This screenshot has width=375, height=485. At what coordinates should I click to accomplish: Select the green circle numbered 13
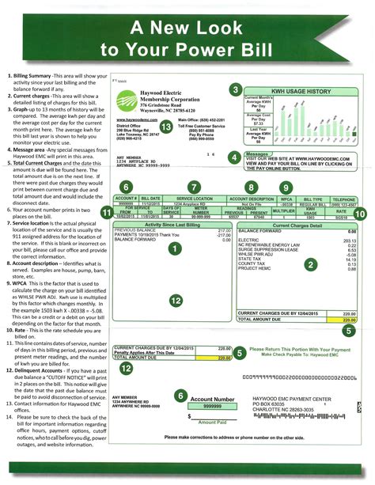pyautogui.click(x=165, y=126)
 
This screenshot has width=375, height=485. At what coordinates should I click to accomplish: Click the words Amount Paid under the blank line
pyautogui.click(x=213, y=421)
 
